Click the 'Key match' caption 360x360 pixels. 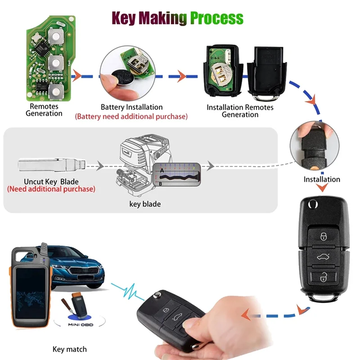pyautogui.click(x=70, y=349)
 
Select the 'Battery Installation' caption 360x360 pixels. pyautogui.click(x=132, y=107)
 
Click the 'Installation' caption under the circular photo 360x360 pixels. pyautogui.click(x=322, y=179)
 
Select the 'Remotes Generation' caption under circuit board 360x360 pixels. pyautogui.click(x=44, y=110)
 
